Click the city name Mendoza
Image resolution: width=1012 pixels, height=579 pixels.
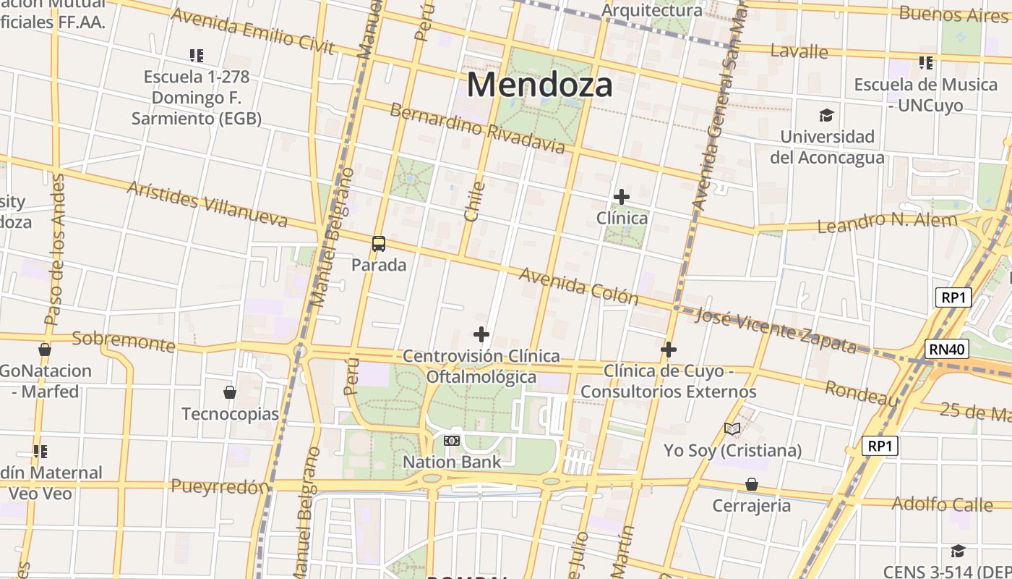[539, 85]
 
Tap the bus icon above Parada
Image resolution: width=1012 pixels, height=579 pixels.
[379, 244]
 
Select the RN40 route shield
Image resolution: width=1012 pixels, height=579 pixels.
[947, 350]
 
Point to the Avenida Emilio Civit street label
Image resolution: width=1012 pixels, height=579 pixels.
[252, 32]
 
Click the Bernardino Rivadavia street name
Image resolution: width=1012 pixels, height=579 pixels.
[477, 129]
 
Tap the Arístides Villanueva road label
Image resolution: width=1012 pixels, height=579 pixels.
[207, 204]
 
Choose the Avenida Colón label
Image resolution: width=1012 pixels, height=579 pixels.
[578, 287]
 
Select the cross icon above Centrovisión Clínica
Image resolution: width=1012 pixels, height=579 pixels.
[481, 334]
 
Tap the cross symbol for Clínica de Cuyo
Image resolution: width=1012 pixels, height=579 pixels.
[669, 350]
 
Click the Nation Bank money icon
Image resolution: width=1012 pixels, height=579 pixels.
[452, 441]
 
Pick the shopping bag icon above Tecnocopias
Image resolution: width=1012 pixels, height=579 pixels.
[230, 392]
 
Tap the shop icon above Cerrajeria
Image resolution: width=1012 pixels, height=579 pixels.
[752, 484]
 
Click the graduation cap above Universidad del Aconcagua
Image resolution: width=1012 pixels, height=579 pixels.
[826, 116]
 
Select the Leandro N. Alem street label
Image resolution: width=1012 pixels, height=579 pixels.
[886, 222]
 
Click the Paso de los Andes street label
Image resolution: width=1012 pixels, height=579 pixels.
[55, 250]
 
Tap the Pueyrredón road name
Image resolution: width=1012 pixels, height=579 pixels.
[220, 486]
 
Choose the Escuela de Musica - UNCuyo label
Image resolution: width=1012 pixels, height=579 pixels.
[925, 95]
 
